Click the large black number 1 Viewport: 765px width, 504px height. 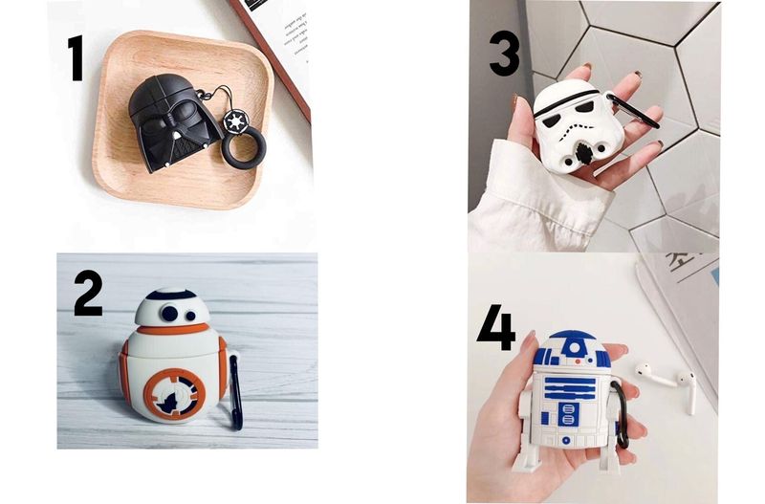[x=76, y=58]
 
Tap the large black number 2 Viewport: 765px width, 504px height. [x=88, y=294]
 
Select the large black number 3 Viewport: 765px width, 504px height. [x=504, y=54]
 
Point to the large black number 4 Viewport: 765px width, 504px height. [x=496, y=327]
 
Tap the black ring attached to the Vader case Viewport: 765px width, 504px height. [x=244, y=150]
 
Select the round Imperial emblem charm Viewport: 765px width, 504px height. [x=234, y=121]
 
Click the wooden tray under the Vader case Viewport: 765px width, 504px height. [x=183, y=120]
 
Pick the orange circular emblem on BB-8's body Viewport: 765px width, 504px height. [x=174, y=394]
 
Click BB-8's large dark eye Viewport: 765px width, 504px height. [x=169, y=313]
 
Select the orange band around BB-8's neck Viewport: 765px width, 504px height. [x=173, y=328]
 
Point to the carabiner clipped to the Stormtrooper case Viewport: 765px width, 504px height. [x=634, y=112]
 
